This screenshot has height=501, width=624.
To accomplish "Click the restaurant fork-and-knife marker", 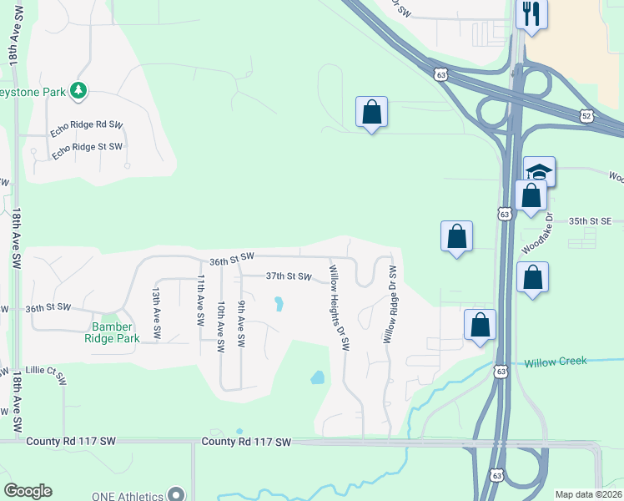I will coord(531,14).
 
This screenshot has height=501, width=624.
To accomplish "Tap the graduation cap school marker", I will coord(539,172).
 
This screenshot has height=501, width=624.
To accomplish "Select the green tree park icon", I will coord(78,90).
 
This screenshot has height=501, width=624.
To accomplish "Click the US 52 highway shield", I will coord(586,117).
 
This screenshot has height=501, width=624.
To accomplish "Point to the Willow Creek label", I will coord(556,362).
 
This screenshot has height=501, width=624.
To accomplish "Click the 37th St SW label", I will coord(288,276).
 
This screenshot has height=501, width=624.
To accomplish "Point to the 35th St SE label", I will coord(591,221).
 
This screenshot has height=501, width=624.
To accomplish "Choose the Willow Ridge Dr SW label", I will coord(390,306).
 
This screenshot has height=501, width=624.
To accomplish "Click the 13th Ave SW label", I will coord(156,309).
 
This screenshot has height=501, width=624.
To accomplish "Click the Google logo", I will coord(28,491).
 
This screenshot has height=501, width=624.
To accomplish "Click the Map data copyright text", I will coord(588,494).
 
